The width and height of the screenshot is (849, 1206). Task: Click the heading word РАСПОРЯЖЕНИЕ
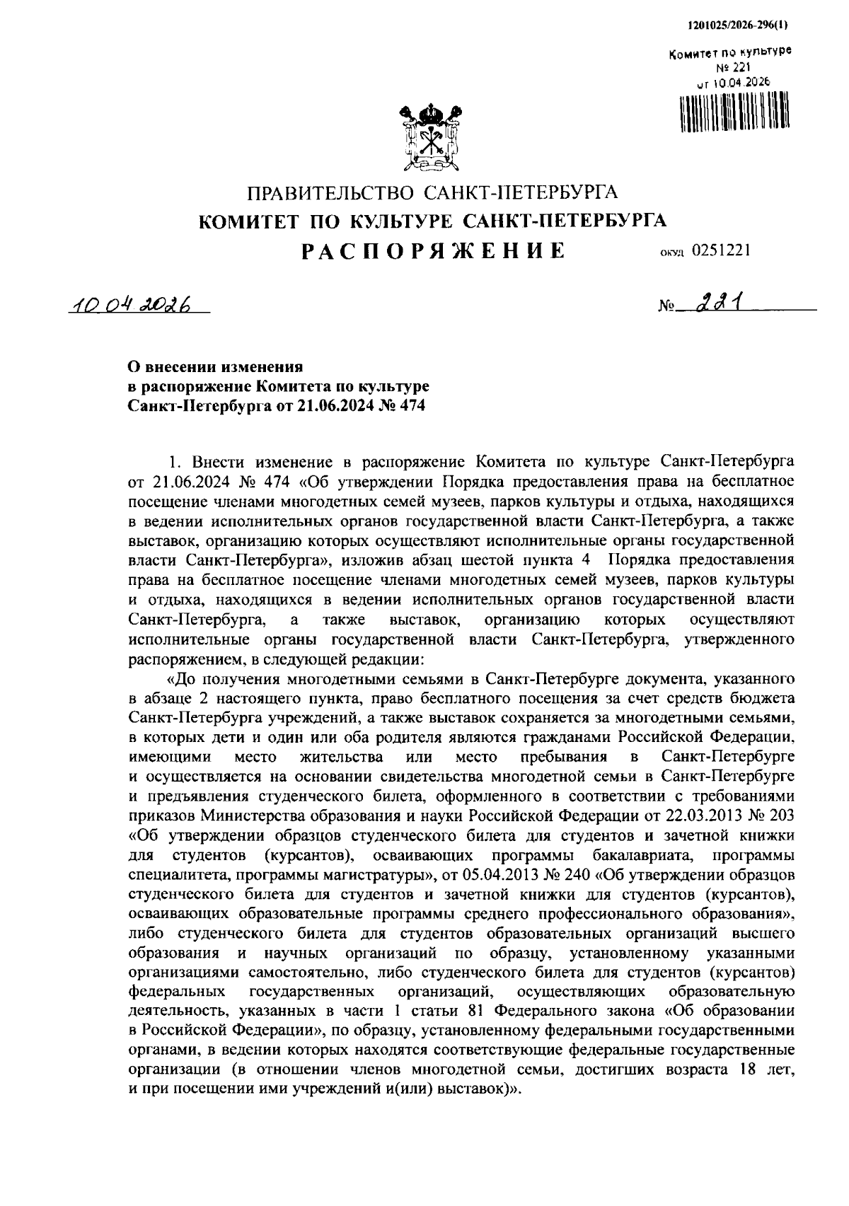pos(432,251)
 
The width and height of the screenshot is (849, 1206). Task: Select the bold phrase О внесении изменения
pos(214,368)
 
